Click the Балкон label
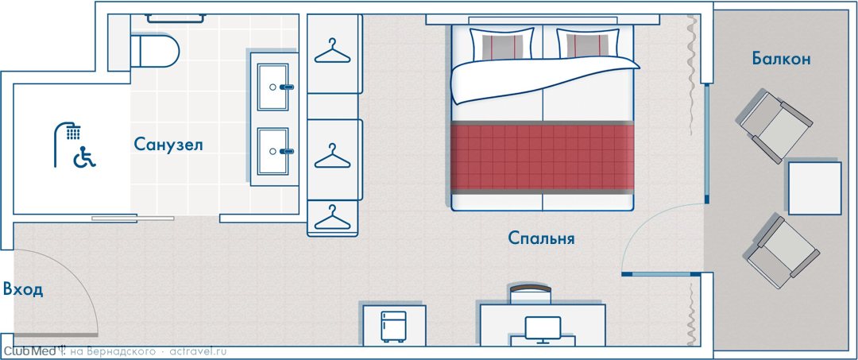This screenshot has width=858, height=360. pyautogui.click(x=781, y=59)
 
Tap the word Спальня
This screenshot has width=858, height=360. pyautogui.click(x=541, y=238)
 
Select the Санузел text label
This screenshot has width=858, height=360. pyautogui.click(x=168, y=145)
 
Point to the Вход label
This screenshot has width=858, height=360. pyautogui.click(x=22, y=289)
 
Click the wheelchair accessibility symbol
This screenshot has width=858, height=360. pyautogui.click(x=85, y=157)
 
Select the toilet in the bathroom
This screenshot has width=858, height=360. pyautogui.click(x=156, y=51)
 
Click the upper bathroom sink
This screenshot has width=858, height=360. pyautogui.click(x=273, y=87)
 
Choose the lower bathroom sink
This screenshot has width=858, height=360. pyautogui.click(x=273, y=151)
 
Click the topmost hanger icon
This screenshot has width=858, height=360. pyautogui.click(x=332, y=51)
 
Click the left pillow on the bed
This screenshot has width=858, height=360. pyautogui.click(x=502, y=43)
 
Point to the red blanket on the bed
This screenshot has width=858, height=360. pyautogui.click(x=543, y=157)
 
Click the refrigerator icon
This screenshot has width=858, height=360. pyautogui.click(x=394, y=327)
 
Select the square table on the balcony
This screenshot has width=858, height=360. pyautogui.click(x=814, y=188)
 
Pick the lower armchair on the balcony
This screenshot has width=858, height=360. pyautogui.click(x=782, y=246)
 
